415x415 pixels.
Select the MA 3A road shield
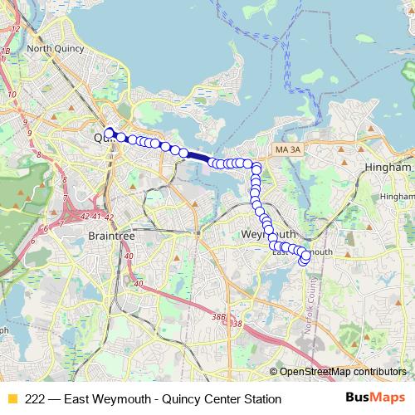pyautogui.click(x=287, y=149)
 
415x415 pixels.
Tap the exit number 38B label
pyautogui.click(x=218, y=315)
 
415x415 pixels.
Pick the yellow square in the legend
pyautogui.click(x=12, y=399)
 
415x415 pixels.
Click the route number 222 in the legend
pyautogui.click(x=36, y=399)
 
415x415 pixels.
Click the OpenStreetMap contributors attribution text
pyautogui.click(x=343, y=372)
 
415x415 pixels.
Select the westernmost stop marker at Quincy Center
pyautogui.click(x=109, y=132)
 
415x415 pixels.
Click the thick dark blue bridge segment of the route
pyautogui.click(x=198, y=155)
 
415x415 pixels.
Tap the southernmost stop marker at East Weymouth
pyautogui.click(x=304, y=262)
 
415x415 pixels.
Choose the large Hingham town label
pyautogui.click(x=388, y=167)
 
